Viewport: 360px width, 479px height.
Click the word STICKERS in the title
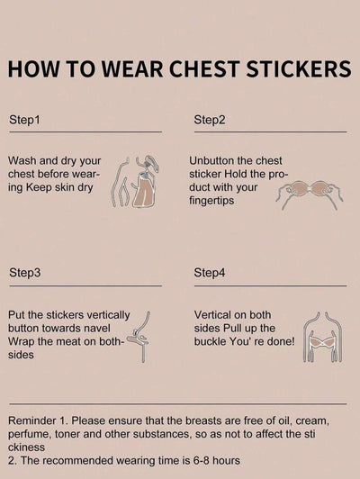coord(299,69)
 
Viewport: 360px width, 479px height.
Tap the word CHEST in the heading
coord(204,69)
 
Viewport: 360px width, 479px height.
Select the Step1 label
coord(24,120)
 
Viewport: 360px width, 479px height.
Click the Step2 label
coord(210,120)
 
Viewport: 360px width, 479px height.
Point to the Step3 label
coord(24,273)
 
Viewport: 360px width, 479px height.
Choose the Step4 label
coord(210,273)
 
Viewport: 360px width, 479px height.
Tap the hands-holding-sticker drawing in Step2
coord(310,194)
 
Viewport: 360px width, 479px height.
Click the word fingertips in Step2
coord(211,201)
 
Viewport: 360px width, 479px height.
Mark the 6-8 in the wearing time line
coord(202,460)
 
